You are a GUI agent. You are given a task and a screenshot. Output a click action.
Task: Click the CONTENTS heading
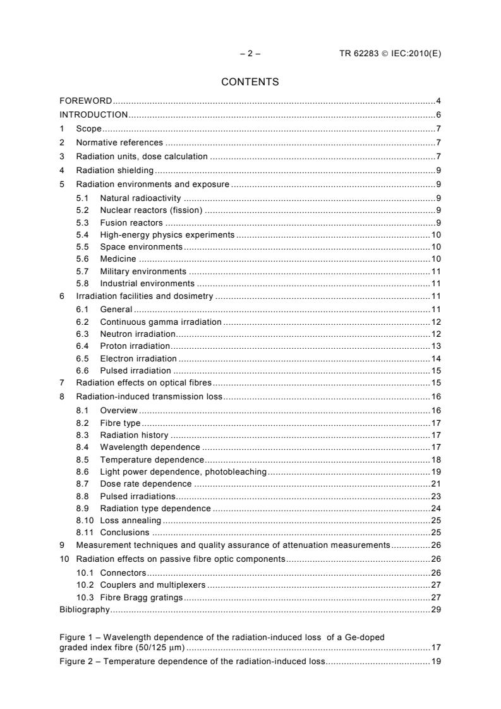(250, 82)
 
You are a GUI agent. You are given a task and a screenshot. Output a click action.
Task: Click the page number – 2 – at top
(250, 54)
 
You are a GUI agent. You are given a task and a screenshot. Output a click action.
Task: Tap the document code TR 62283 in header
(359, 54)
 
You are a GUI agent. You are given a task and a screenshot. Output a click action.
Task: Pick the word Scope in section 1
(88, 129)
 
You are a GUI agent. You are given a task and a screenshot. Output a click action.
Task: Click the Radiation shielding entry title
(115, 171)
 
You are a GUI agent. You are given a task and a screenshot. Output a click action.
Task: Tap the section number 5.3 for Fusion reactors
(82, 223)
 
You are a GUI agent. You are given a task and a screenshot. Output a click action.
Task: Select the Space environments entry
(141, 246)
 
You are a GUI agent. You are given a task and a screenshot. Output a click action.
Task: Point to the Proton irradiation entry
(135, 346)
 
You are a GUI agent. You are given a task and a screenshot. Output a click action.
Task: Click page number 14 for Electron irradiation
(436, 358)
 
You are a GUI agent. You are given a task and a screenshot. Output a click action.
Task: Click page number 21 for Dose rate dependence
(436, 484)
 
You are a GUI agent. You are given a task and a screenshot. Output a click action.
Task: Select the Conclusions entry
(124, 533)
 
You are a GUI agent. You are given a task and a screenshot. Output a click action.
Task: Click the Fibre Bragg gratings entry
(141, 597)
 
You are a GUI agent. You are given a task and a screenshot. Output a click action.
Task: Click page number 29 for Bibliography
(436, 610)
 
